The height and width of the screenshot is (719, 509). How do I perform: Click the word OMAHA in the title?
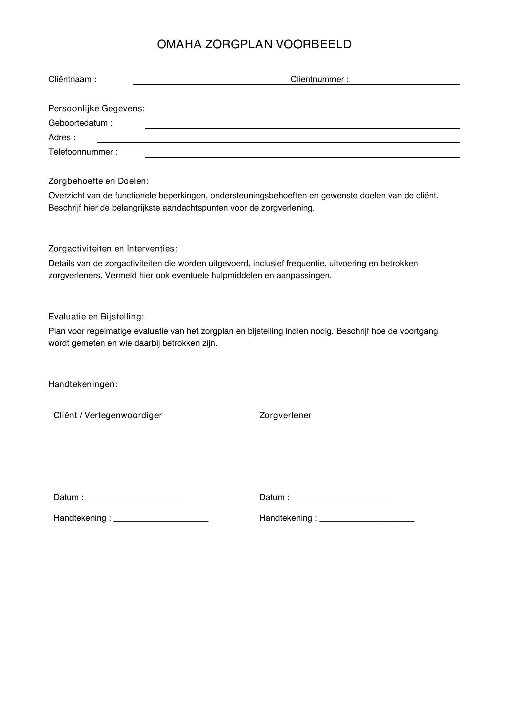tap(179, 45)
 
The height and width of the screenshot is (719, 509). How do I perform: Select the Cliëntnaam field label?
tap(72, 79)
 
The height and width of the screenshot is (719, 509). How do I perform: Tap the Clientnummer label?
tap(319, 79)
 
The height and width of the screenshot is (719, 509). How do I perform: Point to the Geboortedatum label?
tap(80, 123)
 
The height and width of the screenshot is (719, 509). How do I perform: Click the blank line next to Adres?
tap(278, 142)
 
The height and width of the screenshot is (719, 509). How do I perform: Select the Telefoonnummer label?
tap(83, 152)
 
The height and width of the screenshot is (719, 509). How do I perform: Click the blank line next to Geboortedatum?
tap(303, 128)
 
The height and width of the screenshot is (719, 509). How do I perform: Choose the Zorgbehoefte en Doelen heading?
tap(98, 181)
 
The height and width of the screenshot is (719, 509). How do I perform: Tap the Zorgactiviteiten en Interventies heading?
tap(113, 249)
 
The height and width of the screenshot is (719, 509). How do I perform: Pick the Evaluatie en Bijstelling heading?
tap(96, 317)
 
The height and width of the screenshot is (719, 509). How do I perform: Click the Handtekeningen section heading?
tap(83, 384)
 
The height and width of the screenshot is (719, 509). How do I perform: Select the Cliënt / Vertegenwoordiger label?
tap(107, 415)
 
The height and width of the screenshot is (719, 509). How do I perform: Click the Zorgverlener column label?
tap(285, 415)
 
